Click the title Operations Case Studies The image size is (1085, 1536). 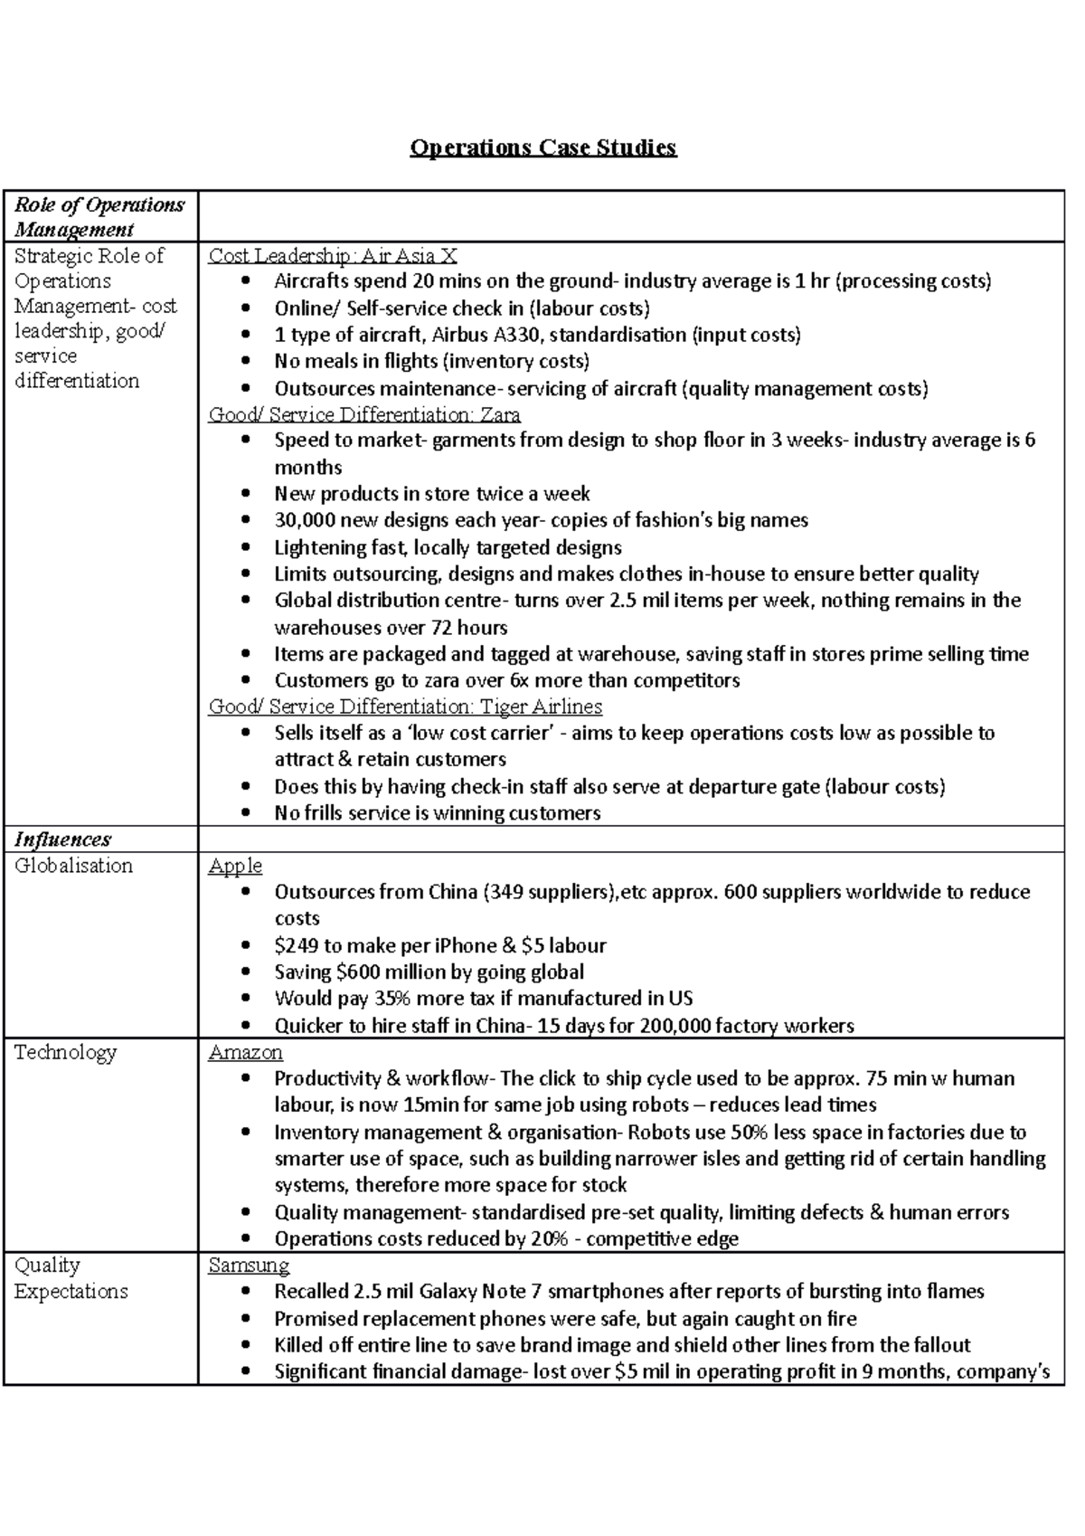pyautogui.click(x=542, y=147)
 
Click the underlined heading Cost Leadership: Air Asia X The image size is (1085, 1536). pyautogui.click(x=332, y=256)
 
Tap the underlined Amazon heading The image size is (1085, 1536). pyautogui.click(x=245, y=1052)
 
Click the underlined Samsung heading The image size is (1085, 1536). pyautogui.click(x=249, y=1265)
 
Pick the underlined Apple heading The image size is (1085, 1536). pyautogui.click(x=235, y=866)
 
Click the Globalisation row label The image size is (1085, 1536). pyautogui.click(x=73, y=866)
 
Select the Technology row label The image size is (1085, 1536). pyautogui.click(x=65, y=1052)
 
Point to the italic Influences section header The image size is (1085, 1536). pyautogui.click(x=62, y=839)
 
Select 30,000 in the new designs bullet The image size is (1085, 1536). pyautogui.click(x=304, y=520)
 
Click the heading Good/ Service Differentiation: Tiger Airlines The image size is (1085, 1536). pyautogui.click(x=405, y=706)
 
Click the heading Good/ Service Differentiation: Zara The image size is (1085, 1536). pyautogui.click(x=364, y=414)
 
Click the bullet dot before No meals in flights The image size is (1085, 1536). pyautogui.click(x=247, y=362)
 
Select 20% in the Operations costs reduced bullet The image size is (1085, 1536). pyautogui.click(x=550, y=1238)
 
